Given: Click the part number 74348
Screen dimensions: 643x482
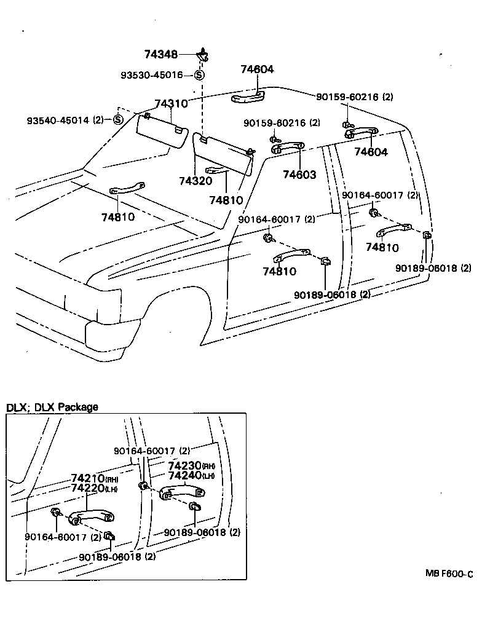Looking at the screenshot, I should [161, 55].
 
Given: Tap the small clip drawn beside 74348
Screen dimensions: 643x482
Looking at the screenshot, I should [202, 55].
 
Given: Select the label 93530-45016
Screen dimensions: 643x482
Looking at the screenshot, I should [151, 75].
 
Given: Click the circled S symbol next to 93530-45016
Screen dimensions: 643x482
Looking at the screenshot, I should [199, 75].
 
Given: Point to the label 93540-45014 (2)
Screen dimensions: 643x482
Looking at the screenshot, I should [65, 120].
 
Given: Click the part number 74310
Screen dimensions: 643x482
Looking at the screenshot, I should [171, 104].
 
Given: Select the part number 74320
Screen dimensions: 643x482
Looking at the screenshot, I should [195, 181].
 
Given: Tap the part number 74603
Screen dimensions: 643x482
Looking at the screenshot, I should [299, 175].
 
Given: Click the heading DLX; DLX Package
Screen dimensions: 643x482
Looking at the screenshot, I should [52, 407].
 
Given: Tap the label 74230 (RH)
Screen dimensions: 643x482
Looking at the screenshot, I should [191, 466].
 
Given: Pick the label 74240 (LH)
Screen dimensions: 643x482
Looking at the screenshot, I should [191, 476].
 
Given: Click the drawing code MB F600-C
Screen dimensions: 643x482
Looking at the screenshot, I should [449, 574].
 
